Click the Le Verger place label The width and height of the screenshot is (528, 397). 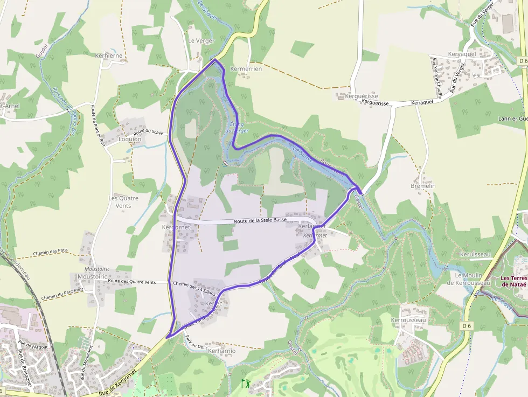tap(201, 41)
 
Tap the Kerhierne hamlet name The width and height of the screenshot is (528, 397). tap(108, 55)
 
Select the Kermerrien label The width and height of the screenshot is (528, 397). tap(246, 69)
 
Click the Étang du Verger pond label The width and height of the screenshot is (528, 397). tap(237, 127)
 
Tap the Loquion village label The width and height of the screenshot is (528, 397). tap(129, 139)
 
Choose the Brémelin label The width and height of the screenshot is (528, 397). tap(423, 186)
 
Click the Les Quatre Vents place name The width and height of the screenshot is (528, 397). tap(123, 202)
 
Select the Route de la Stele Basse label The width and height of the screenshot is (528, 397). tap(260, 220)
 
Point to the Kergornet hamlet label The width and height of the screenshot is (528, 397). tap(176, 227)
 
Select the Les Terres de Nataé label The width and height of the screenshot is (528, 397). tap(512, 281)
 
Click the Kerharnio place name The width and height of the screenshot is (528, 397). tap(221, 351)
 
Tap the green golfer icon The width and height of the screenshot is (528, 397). tap(246, 384)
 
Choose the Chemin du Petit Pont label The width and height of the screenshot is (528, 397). tap(62, 294)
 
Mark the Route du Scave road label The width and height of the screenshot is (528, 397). tap(148, 132)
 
